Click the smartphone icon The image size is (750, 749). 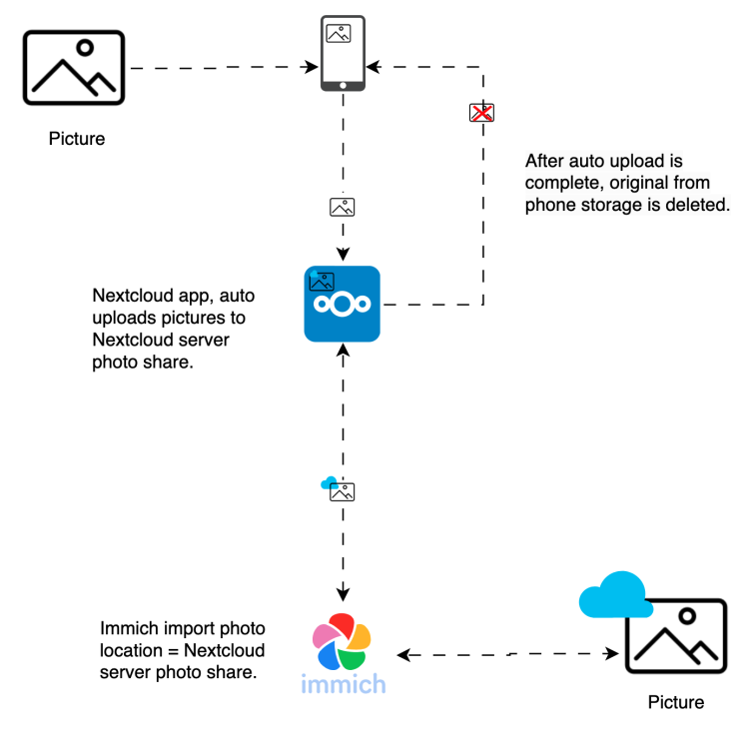pyautogui.click(x=343, y=53)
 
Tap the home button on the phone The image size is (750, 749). pyautogui.click(x=343, y=86)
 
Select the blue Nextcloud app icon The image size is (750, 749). pyautogui.click(x=342, y=304)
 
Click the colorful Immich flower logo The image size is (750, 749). pyautogui.click(x=342, y=641)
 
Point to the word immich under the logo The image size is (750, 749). pyautogui.click(x=343, y=684)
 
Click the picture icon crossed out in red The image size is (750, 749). pyautogui.click(x=481, y=113)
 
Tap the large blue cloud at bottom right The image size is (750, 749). pyautogui.click(x=615, y=595)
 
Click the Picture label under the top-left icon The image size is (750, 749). pyautogui.click(x=77, y=139)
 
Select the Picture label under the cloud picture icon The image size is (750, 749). pyautogui.click(x=676, y=702)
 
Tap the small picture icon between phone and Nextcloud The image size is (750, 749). pyautogui.click(x=342, y=207)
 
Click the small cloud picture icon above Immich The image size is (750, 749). pyautogui.click(x=338, y=488)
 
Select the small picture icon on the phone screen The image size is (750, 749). pyautogui.click(x=339, y=34)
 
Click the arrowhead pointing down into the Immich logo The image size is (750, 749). pyautogui.click(x=343, y=594)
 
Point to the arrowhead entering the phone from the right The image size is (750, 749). pyautogui.click(x=374, y=67)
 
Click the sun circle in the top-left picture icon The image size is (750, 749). pyautogui.click(x=85, y=48)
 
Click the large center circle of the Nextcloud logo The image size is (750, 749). pyautogui.click(x=342, y=304)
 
